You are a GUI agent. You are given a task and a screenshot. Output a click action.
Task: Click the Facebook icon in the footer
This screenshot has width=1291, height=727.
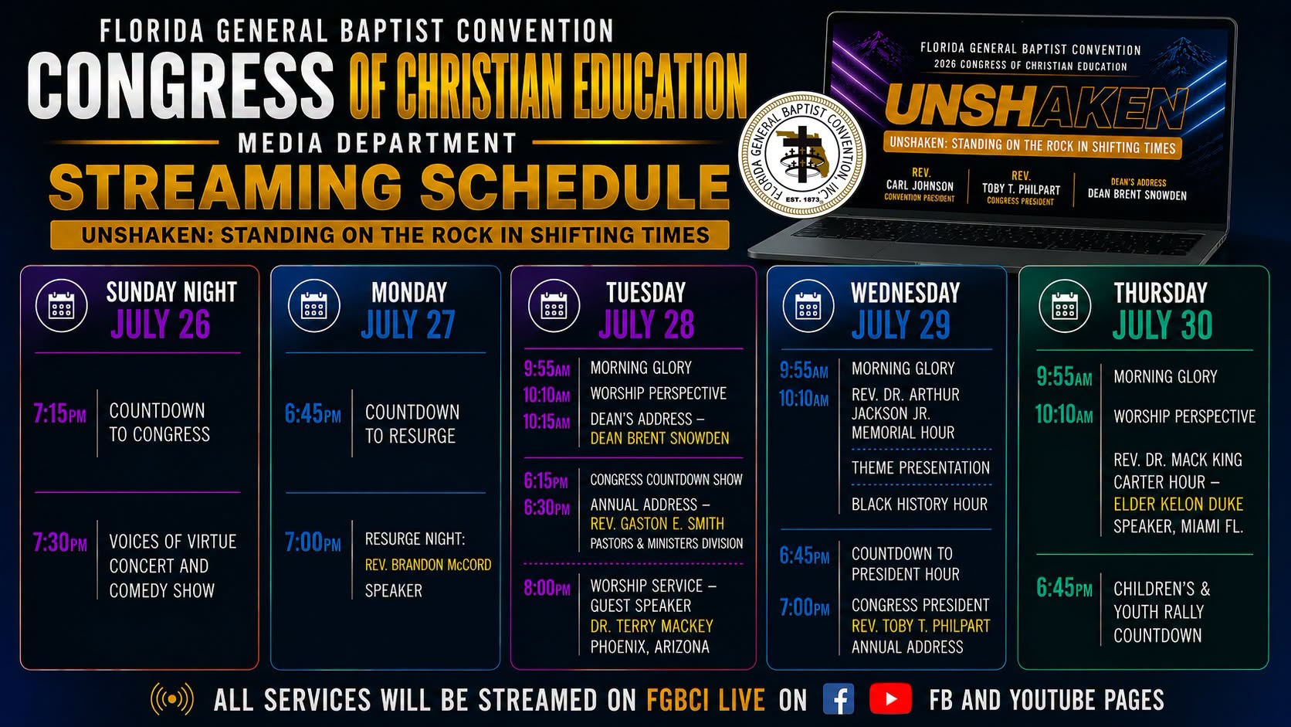pos(839,698)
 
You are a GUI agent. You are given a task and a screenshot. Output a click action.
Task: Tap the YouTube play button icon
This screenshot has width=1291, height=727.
pos(890,698)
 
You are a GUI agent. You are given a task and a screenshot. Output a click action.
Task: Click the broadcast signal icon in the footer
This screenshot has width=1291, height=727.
pos(171,699)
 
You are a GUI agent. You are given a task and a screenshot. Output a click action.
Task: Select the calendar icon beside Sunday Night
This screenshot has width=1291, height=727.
pos(62,306)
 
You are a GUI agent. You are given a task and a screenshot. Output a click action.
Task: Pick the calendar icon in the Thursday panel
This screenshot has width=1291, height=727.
pos(1065,306)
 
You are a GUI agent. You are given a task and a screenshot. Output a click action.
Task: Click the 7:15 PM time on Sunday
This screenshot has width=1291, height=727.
pos(59,413)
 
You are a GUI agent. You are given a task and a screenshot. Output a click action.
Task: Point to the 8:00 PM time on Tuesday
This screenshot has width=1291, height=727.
pos(547,588)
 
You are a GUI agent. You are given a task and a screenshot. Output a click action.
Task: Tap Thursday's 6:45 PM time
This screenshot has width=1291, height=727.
pos(1064,588)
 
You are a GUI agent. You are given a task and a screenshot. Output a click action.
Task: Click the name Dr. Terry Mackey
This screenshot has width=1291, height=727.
pos(651,626)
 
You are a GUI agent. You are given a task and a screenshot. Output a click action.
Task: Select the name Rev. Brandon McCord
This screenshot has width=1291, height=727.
pos(429,565)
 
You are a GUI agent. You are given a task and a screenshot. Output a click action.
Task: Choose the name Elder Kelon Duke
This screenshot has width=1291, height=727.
pos(1178,504)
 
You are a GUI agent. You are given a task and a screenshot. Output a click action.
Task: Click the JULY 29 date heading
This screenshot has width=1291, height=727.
pos(901,324)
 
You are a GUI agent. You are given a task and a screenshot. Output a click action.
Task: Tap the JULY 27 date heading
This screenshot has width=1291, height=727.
pos(408,324)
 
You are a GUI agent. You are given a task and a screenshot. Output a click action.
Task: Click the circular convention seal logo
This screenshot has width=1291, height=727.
pos(801,155)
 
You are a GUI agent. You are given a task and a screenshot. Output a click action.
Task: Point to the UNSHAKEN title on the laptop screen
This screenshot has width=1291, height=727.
pos(1035,107)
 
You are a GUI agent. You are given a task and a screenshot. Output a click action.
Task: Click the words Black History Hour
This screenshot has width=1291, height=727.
pos(920,504)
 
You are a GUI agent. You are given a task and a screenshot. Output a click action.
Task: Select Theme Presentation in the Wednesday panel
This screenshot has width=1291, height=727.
pos(920,467)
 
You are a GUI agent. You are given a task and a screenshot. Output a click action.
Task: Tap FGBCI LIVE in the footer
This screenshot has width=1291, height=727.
pos(706,700)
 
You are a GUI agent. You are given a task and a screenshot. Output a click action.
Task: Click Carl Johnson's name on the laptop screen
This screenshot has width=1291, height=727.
pos(920,185)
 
